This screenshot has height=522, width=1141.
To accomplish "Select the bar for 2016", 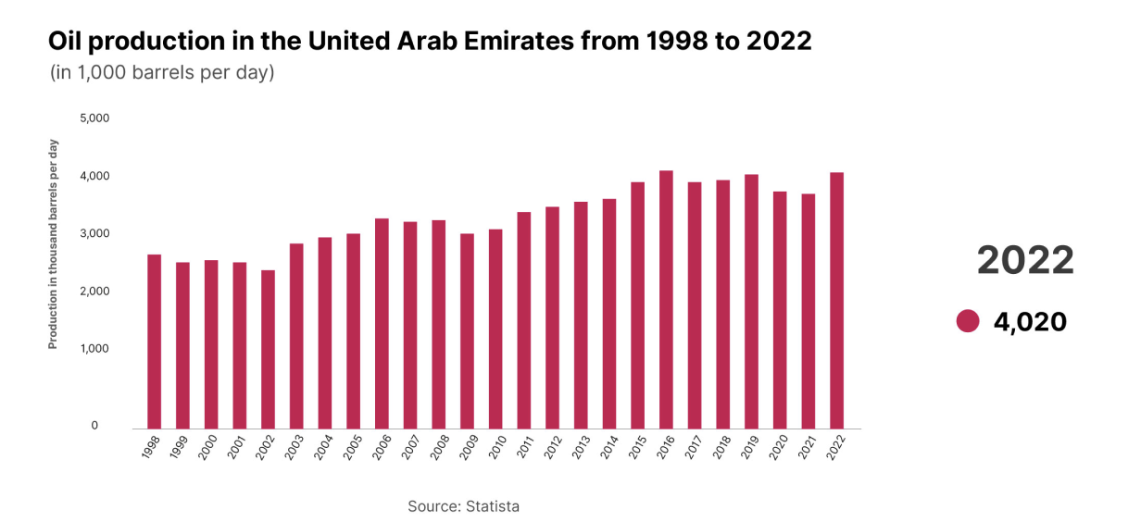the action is [x=666, y=300].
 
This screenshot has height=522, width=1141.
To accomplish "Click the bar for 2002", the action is [x=268, y=349].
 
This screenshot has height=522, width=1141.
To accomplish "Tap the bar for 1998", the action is [x=155, y=342].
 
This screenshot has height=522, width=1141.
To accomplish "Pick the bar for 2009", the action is [x=467, y=331].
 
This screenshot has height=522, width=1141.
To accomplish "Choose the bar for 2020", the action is [x=780, y=310].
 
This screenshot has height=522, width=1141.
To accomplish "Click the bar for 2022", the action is [x=836, y=301].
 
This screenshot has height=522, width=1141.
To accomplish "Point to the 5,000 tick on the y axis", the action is [x=94, y=118].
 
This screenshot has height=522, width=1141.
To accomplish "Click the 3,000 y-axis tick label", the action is [x=94, y=233].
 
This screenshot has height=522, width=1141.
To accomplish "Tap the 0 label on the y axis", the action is [x=94, y=425].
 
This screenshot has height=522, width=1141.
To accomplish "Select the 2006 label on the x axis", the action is [x=382, y=447].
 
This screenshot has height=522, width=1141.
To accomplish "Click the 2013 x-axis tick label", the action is [x=582, y=447].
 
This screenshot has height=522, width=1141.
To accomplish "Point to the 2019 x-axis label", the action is [x=751, y=447].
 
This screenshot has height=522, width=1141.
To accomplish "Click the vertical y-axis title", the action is [x=53, y=244].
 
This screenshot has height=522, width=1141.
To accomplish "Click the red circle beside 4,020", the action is [x=968, y=321].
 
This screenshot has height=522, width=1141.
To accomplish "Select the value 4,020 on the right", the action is [x=1030, y=322].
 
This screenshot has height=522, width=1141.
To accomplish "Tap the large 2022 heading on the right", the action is [x=1025, y=260].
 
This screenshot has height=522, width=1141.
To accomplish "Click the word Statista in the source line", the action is [x=493, y=506].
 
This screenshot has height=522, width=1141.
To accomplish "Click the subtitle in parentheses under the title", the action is [x=162, y=72].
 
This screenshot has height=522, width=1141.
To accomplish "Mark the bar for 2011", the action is [x=523, y=320].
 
